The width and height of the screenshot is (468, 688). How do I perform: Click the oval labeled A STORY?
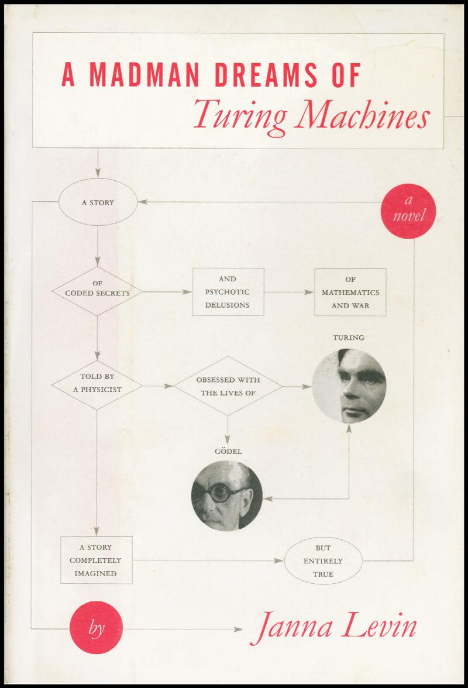[98, 204]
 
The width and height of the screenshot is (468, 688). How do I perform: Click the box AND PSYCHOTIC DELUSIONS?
[228, 292]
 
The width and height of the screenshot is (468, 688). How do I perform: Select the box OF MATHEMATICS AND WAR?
[350, 292]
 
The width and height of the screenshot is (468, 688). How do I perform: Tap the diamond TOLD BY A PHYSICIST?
[98, 386]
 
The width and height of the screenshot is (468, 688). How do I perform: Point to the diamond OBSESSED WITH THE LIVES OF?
[228, 386]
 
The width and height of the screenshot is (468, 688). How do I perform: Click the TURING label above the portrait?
[349, 338]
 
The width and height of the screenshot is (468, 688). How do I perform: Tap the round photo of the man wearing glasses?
[227, 496]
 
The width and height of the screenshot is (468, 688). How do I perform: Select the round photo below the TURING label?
[349, 386]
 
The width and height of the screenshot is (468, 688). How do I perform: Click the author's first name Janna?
[290, 628]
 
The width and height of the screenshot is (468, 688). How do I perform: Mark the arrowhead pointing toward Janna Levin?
[237, 629]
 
